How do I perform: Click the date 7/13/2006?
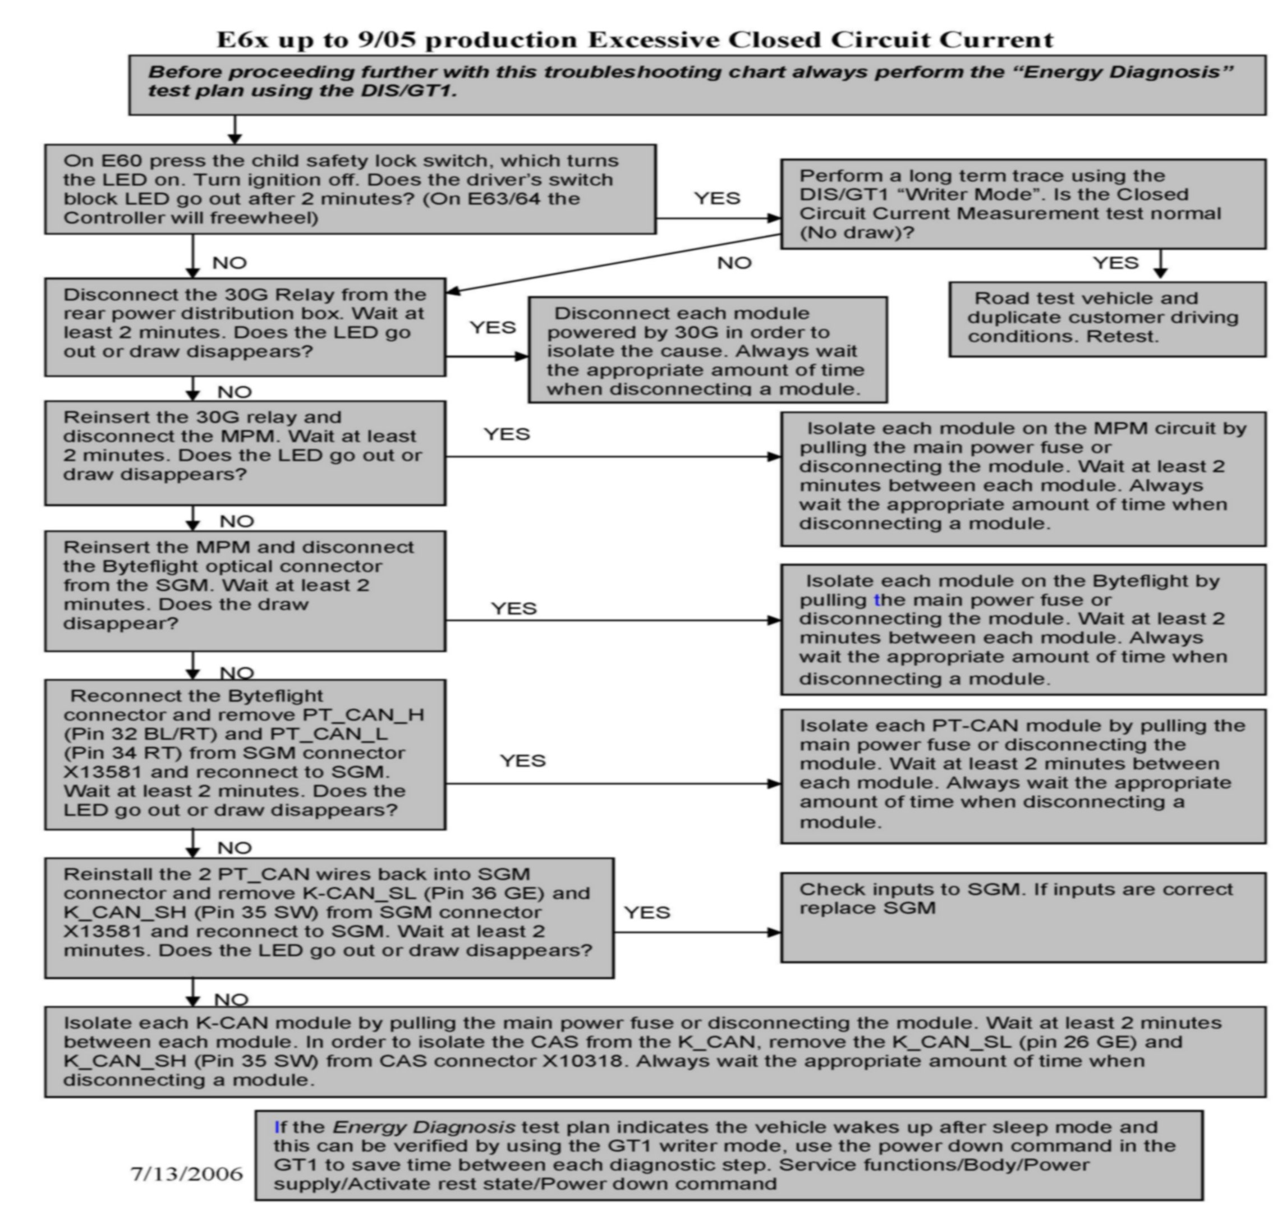click(x=186, y=1173)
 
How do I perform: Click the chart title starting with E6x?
click(x=635, y=40)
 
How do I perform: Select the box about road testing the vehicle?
click(x=1107, y=319)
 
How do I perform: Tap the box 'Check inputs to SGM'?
click(x=1023, y=917)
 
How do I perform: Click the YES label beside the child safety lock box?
click(x=717, y=198)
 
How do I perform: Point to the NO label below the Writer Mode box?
click(x=734, y=263)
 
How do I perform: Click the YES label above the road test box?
click(x=1115, y=263)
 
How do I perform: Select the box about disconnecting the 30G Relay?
click(x=245, y=327)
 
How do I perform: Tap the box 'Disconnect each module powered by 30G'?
click(x=707, y=350)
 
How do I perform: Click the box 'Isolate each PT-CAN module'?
click(x=1023, y=776)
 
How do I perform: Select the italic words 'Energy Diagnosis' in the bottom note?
click(x=424, y=1127)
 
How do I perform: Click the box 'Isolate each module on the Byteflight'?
click(x=1023, y=630)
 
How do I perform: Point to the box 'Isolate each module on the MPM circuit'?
click(x=1023, y=478)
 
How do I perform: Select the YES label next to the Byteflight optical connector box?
click(x=513, y=609)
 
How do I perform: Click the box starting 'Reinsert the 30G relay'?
click(x=245, y=452)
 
